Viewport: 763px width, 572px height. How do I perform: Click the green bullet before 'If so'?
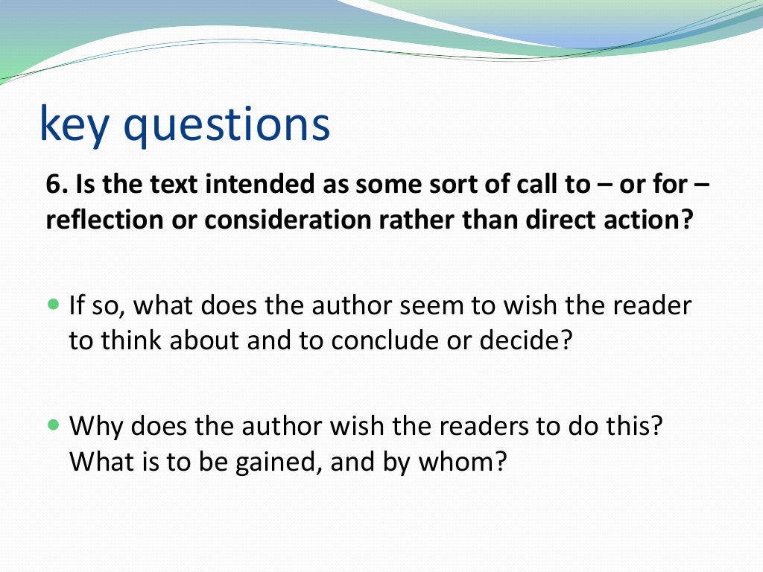click(x=52, y=305)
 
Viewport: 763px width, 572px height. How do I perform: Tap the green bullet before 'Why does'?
click(x=52, y=427)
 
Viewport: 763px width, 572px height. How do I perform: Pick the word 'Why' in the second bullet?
click(x=95, y=428)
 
